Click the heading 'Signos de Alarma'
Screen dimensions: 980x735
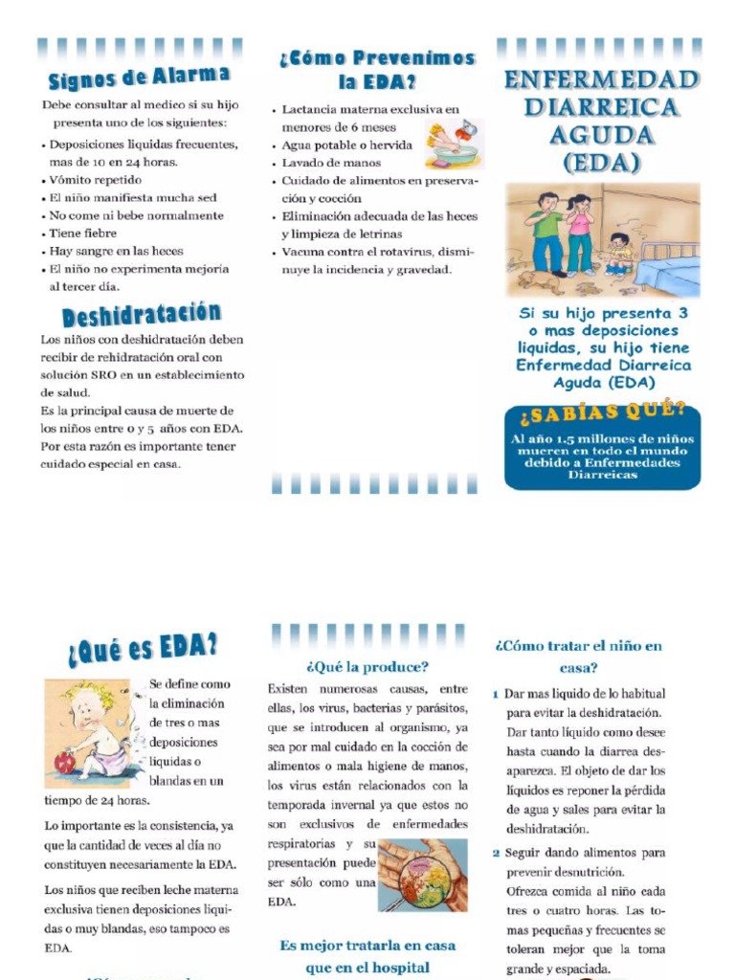[139, 77]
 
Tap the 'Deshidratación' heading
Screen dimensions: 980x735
[141, 315]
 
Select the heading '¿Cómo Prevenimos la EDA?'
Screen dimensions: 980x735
[376, 70]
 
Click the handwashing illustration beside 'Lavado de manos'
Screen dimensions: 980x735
[454, 144]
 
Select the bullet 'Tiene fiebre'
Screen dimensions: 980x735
[83, 234]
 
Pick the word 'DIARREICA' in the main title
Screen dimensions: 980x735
[601, 107]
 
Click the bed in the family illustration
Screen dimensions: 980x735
[667, 264]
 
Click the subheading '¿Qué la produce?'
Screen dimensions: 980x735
[367, 666]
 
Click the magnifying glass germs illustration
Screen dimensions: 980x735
[421, 875]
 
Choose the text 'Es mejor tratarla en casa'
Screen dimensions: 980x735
[367, 946]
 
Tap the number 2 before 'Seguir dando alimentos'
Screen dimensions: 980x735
[496, 853]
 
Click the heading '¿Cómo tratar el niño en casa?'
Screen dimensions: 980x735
[578, 657]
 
